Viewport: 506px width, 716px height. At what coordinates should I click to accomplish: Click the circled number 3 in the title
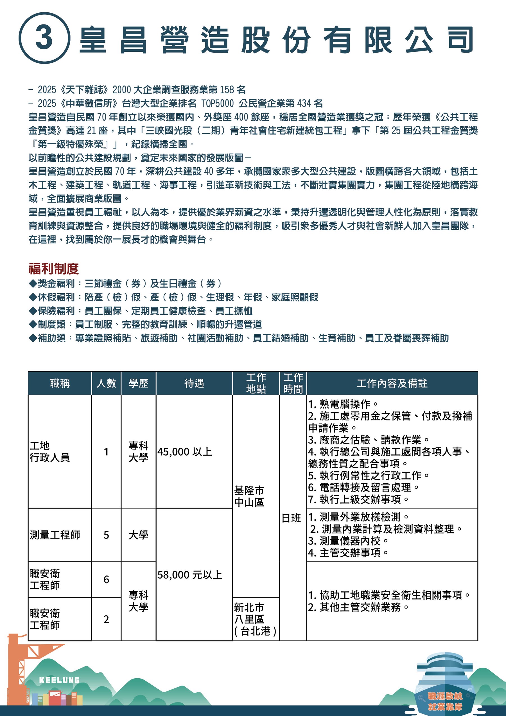(44, 38)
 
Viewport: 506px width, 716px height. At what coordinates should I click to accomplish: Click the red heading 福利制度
(53, 269)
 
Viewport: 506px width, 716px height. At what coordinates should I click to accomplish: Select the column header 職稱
(60, 383)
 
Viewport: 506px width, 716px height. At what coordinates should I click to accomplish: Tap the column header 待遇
(194, 383)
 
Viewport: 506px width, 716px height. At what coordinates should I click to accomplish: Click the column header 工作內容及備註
(392, 383)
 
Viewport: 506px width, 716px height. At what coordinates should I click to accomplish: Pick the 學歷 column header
(138, 383)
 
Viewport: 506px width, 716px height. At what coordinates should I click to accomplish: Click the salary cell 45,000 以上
(185, 452)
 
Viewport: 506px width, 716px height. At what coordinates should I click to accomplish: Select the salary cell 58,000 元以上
(189, 575)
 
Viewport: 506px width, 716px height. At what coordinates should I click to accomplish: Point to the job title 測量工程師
(55, 535)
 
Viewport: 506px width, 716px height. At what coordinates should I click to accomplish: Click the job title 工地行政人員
(49, 452)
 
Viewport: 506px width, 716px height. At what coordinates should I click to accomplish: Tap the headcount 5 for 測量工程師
(106, 535)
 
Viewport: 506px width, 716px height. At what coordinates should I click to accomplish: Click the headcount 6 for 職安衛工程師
(106, 579)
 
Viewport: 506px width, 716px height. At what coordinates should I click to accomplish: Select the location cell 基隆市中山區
(249, 496)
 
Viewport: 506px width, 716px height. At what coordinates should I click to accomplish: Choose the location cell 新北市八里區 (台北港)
(255, 619)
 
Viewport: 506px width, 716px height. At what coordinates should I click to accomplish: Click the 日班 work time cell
(291, 518)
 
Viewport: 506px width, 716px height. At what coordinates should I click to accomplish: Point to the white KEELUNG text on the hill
(59, 680)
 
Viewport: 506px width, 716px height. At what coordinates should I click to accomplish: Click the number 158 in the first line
(227, 90)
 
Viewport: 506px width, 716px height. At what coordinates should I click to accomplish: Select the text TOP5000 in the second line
(217, 103)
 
